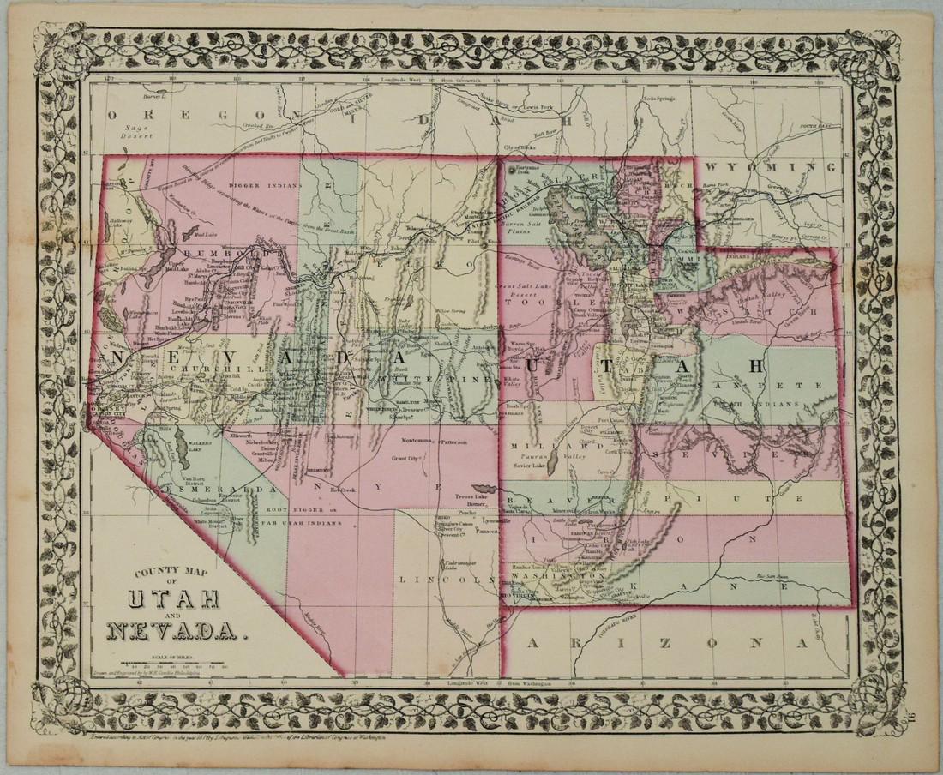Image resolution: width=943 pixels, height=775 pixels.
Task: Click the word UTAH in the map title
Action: [x=175, y=598]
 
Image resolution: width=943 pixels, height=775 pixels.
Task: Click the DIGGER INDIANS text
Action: [x=265, y=185]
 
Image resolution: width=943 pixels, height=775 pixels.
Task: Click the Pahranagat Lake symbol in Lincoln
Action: [x=447, y=564]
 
